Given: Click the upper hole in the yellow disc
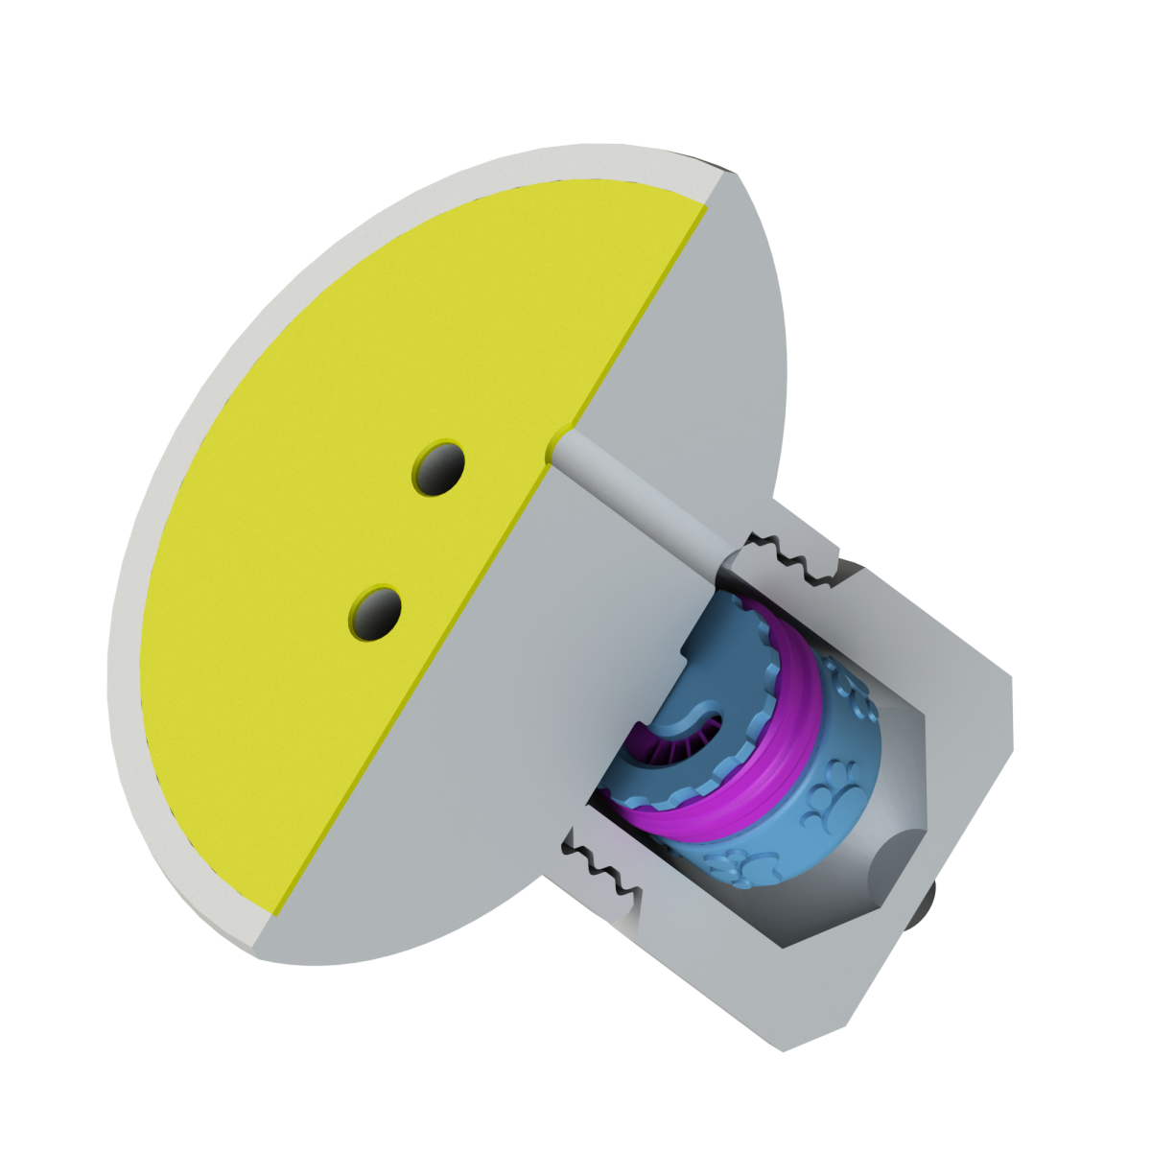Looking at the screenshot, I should point(437,469).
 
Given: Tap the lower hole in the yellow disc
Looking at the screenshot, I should point(375,611).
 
